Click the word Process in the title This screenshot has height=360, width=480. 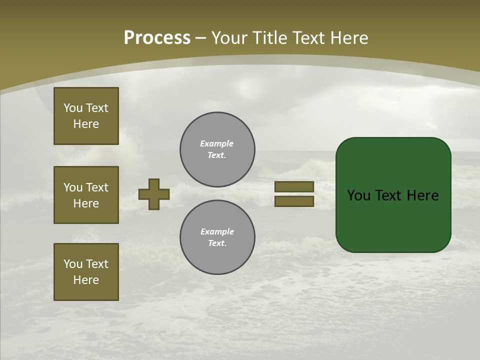pos(157,38)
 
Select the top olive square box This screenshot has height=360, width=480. pos(86,116)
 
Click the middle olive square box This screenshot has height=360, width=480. pos(86,195)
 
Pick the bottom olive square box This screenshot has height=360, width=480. pos(86,272)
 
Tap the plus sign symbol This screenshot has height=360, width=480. pos(154,194)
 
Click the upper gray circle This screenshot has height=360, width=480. pos(217,149)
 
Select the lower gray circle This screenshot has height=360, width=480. pos(217,237)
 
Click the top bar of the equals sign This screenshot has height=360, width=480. pos(294,186)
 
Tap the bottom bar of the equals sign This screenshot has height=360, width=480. pos(294,201)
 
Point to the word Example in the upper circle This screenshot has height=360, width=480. pos(217,143)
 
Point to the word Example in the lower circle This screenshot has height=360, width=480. pos(217,231)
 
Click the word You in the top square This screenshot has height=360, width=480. pos(72,108)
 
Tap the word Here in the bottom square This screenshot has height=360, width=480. pos(86,280)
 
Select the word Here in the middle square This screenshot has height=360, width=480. pos(86,203)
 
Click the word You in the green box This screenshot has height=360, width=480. pos(358,195)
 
